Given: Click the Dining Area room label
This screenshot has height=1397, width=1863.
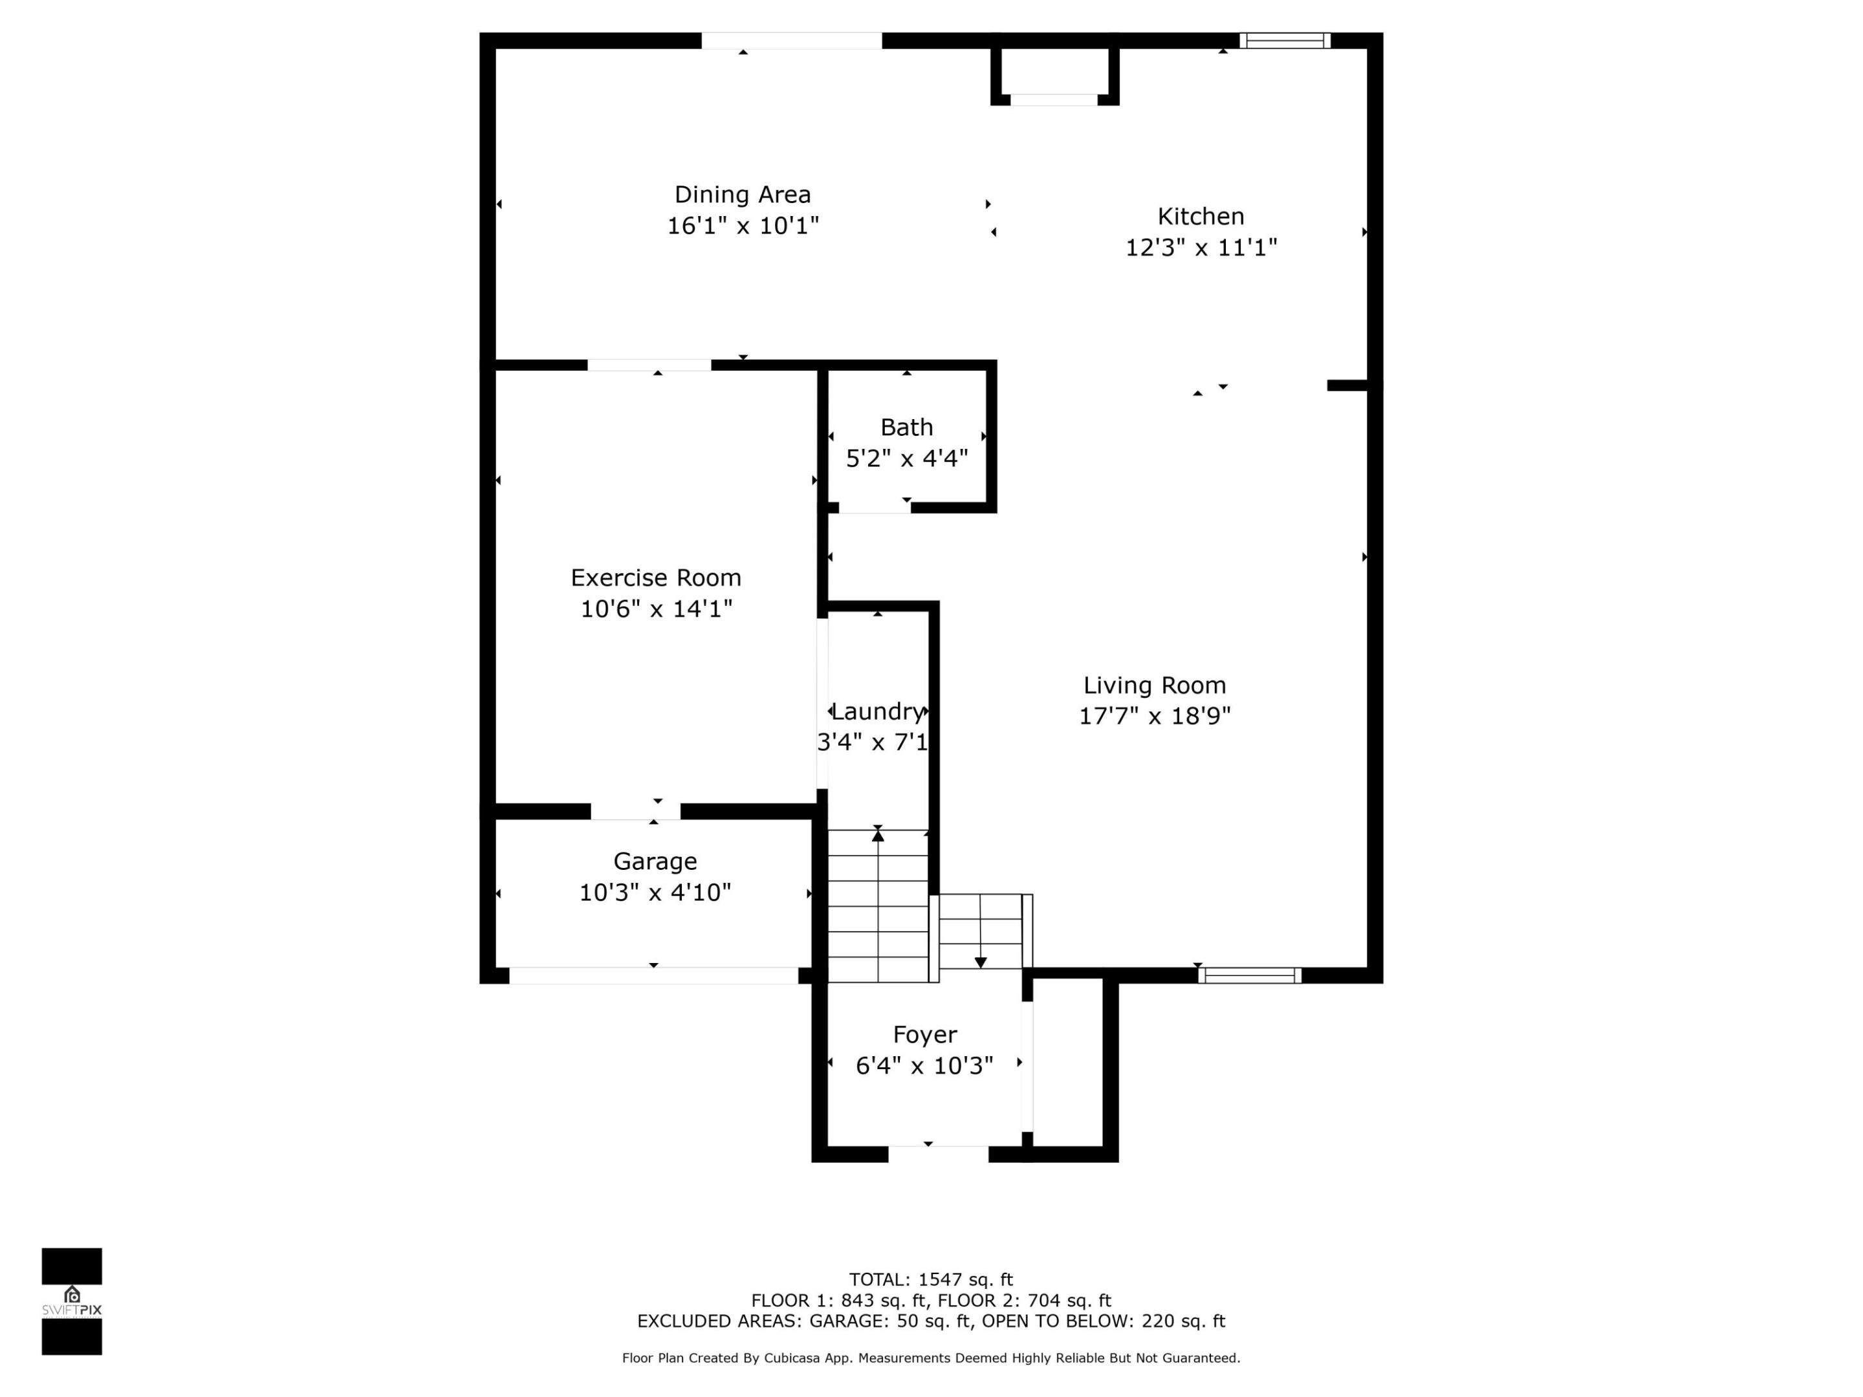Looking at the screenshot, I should tap(742, 195).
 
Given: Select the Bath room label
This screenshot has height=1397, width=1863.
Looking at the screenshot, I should tap(906, 427).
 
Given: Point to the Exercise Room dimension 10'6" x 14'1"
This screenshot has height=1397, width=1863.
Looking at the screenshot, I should tap(656, 609).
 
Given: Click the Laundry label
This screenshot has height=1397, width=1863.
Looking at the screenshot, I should tap(878, 711).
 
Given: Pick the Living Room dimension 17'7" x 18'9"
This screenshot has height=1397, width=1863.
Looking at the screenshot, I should tap(1154, 716).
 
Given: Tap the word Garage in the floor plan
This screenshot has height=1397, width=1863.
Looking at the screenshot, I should tap(655, 861).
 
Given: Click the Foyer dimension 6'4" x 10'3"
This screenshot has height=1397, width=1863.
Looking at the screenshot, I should tap(924, 1066).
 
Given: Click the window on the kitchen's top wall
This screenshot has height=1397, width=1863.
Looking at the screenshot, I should tap(1285, 40).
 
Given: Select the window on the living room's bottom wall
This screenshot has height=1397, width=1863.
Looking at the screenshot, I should tap(1249, 975).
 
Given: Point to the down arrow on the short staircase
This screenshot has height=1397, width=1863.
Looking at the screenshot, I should tap(981, 962).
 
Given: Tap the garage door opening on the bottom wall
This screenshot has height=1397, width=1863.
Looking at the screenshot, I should tap(653, 975).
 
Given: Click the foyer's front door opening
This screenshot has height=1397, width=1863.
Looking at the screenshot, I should tap(937, 1154).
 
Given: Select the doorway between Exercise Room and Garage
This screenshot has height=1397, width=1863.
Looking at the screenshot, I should tap(635, 811).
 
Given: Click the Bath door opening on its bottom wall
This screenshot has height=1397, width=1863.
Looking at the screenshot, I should tap(874, 507).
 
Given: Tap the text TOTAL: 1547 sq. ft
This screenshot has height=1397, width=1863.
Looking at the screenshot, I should tap(931, 1280).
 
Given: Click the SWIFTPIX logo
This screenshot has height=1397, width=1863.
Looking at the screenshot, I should tap(72, 1301).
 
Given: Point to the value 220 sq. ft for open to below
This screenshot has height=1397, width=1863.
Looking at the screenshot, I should tap(1182, 1321).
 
